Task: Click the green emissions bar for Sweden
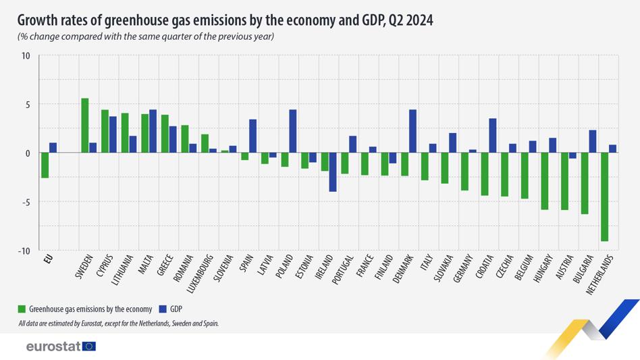pyautogui.click(x=85, y=126)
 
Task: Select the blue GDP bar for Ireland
pyautogui.click(x=333, y=172)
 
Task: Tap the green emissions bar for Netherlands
pyautogui.click(x=604, y=197)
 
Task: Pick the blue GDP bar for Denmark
pyautogui.click(x=412, y=131)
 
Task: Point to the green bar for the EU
pyautogui.click(x=45, y=165)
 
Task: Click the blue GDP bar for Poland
pyautogui.click(x=292, y=131)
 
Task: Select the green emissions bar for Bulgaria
pyautogui.click(x=585, y=183)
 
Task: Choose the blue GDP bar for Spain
pyautogui.click(x=252, y=136)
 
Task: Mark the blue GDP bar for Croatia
pyautogui.click(x=493, y=136)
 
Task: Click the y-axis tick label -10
pyautogui.click(x=24, y=251)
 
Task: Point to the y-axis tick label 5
pyautogui.click(x=28, y=105)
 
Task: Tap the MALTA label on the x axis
pyautogui.click(x=146, y=264)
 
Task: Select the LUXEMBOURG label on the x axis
pyautogui.click(x=200, y=274)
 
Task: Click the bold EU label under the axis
pyautogui.click(x=48, y=259)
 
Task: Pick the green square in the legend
pyautogui.click(x=22, y=309)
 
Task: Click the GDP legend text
pyautogui.click(x=176, y=309)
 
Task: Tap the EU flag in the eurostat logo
pyautogui.click(x=89, y=346)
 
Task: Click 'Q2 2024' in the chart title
pyautogui.click(x=410, y=20)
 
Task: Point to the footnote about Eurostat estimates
pyautogui.click(x=118, y=324)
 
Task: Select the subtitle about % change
pyautogui.click(x=146, y=36)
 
